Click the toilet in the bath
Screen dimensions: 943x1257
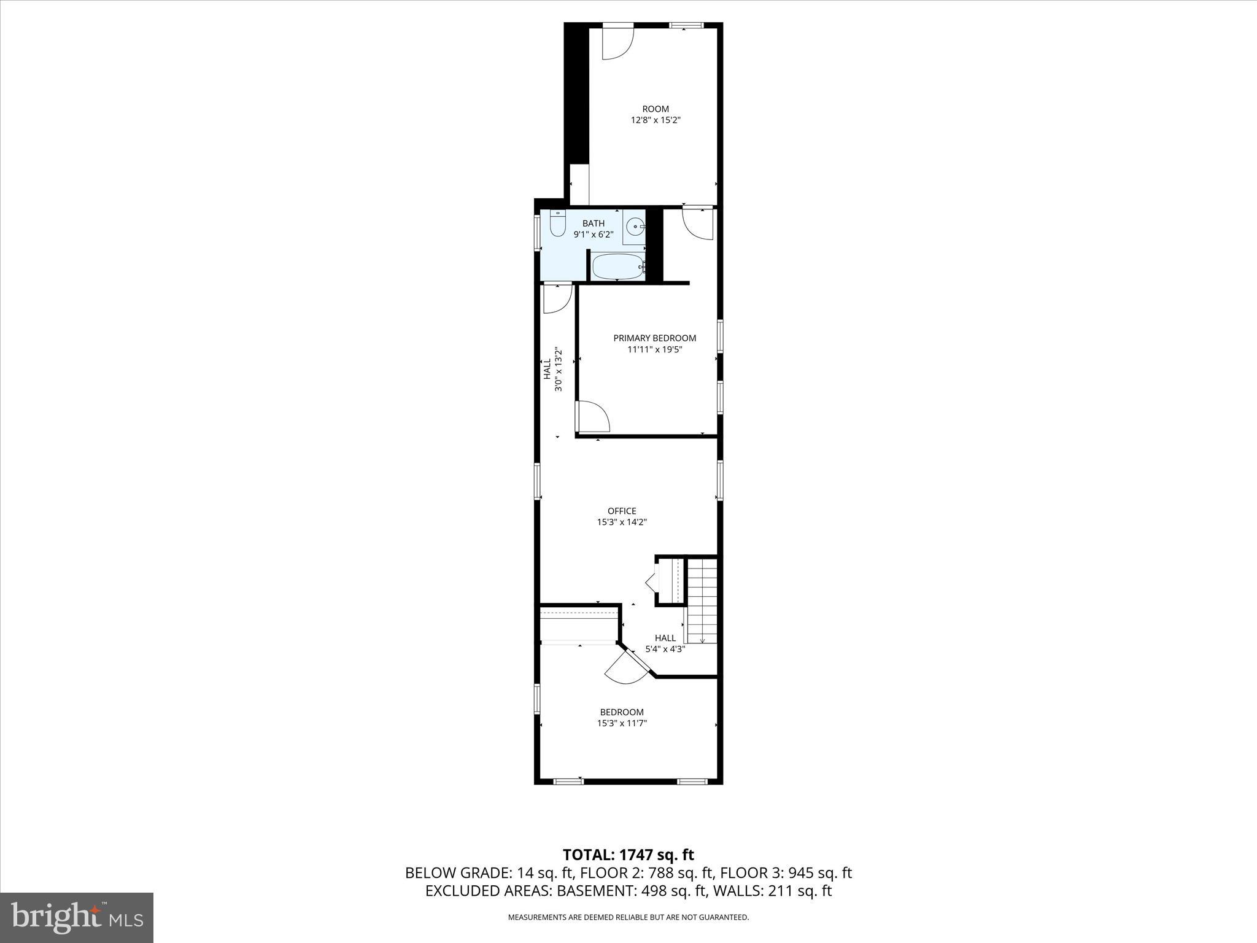click(557, 225)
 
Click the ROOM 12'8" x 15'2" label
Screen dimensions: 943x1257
click(656, 115)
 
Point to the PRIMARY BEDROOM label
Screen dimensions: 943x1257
click(655, 338)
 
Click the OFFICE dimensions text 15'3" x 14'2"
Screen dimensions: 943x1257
click(622, 522)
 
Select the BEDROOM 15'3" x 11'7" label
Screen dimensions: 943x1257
click(622, 718)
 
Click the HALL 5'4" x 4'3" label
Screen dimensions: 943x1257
click(665, 643)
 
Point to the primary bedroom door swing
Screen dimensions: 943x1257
click(592, 417)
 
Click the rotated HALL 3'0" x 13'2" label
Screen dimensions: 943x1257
click(552, 370)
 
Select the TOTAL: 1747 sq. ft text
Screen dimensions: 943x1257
click(628, 855)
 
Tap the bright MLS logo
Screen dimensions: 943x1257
click(77, 917)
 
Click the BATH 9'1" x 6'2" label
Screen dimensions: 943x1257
click(593, 228)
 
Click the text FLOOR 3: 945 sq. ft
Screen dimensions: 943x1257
click(786, 873)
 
